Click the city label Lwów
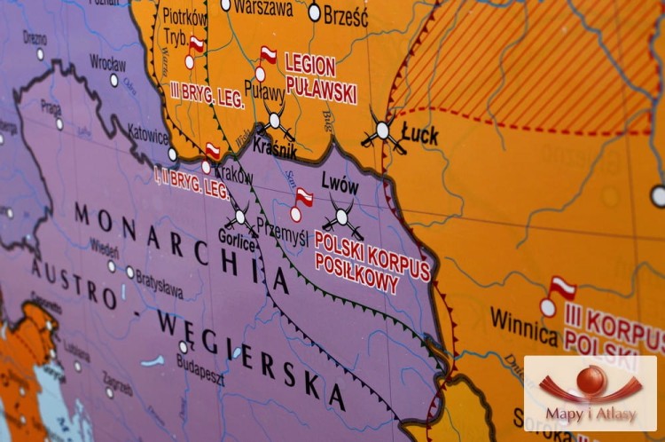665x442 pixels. point(340,187)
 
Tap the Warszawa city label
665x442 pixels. point(263,8)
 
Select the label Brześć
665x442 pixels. point(345,14)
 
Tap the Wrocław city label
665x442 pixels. point(107,64)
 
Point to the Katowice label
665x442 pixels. point(146,137)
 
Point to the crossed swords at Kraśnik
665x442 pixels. point(275,121)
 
